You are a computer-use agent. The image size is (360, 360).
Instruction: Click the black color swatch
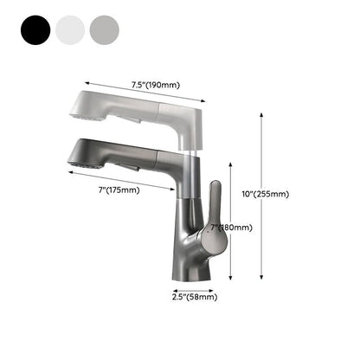coord(32,31)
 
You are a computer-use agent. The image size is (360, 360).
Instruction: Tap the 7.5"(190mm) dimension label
coord(155,85)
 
